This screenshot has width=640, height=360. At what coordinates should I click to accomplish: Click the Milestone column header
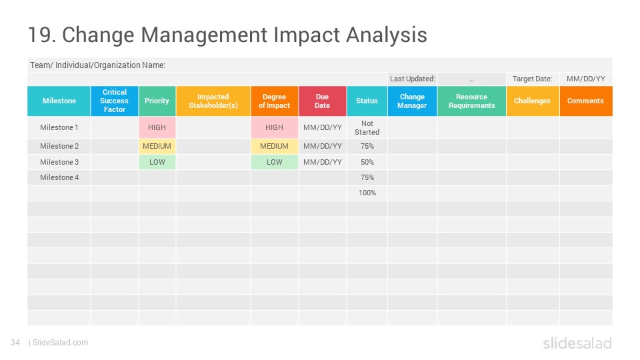pyautogui.click(x=59, y=101)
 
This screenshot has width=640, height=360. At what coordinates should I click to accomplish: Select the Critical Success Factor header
pyautogui.click(x=115, y=101)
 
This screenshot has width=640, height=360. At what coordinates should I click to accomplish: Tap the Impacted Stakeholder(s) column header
pyautogui.click(x=213, y=101)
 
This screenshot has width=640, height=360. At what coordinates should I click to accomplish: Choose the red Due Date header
pyautogui.click(x=323, y=101)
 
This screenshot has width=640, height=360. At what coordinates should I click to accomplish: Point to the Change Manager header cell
pyautogui.click(x=412, y=101)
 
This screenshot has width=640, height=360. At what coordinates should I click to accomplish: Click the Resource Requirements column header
pyautogui.click(x=472, y=101)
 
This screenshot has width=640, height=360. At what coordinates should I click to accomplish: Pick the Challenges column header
pyautogui.click(x=533, y=101)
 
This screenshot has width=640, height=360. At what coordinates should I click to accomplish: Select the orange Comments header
pyautogui.click(x=586, y=101)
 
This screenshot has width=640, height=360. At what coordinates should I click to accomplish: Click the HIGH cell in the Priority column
pyautogui.click(x=157, y=127)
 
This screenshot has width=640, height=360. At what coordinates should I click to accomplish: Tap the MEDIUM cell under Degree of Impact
pyautogui.click(x=274, y=146)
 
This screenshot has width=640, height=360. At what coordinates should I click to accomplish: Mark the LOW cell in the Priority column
pyautogui.click(x=157, y=162)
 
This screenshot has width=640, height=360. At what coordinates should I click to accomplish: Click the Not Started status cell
pyautogui.click(x=367, y=127)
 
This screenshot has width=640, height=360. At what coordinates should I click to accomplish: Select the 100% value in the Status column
pyautogui.click(x=367, y=193)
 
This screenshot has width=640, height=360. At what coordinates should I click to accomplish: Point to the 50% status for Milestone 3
pyautogui.click(x=367, y=162)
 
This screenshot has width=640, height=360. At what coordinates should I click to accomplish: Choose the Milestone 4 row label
pyautogui.click(x=59, y=177)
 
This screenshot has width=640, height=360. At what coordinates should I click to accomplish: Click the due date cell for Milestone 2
pyautogui.click(x=323, y=146)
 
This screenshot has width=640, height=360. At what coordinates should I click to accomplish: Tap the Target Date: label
pyautogui.click(x=532, y=79)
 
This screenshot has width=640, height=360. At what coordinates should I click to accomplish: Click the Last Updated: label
pyautogui.click(x=412, y=79)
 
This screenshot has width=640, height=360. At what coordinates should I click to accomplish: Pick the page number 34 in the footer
pyautogui.click(x=15, y=343)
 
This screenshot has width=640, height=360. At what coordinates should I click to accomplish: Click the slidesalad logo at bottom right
pyautogui.click(x=577, y=343)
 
